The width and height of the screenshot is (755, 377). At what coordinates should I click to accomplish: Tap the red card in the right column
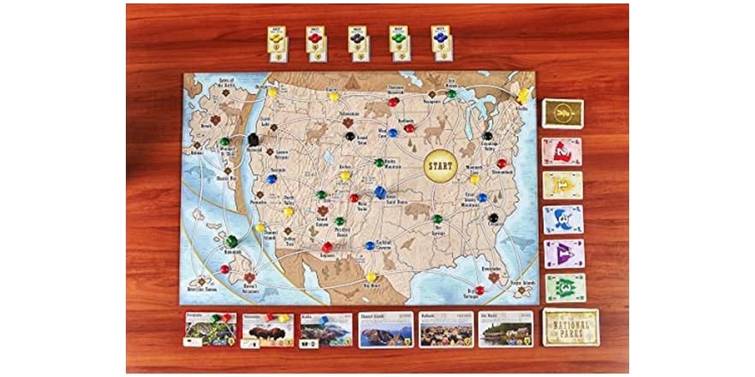point(562,151)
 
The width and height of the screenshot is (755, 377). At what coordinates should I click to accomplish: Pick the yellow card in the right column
point(562,185)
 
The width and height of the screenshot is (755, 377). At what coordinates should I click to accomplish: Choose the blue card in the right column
point(562,219)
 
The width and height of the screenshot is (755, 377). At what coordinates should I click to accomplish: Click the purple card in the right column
point(562,253)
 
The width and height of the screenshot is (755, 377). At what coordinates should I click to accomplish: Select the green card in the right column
point(562,287)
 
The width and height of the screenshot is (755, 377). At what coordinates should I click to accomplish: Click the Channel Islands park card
point(385,329)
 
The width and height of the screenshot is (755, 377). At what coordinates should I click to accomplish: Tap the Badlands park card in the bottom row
point(446,329)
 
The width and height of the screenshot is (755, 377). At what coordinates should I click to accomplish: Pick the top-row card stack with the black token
point(357,43)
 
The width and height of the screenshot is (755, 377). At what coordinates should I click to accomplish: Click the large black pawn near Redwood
point(253,140)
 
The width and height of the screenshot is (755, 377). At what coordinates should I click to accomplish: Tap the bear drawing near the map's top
point(376,110)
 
